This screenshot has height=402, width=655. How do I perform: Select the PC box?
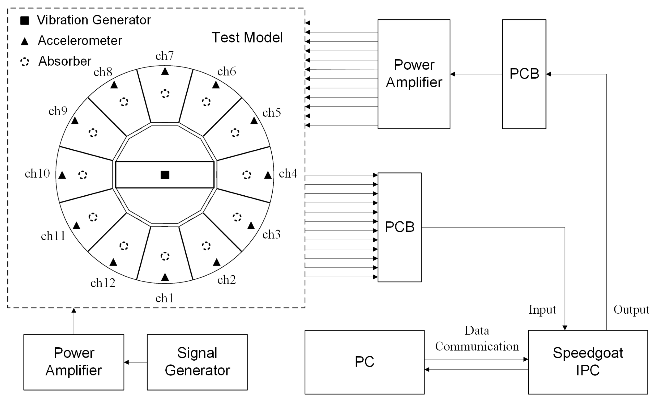click(x=364, y=362)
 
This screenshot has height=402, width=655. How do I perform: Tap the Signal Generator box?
click(x=197, y=362)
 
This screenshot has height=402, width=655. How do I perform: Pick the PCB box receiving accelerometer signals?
click(x=399, y=227)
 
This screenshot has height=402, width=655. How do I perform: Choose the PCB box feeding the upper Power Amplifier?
click(x=524, y=74)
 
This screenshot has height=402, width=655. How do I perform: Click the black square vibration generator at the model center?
click(x=165, y=175)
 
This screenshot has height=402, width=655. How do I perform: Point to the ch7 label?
click(x=165, y=56)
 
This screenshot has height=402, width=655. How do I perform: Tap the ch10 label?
click(x=37, y=173)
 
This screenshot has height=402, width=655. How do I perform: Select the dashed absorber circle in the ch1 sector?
click(x=165, y=256)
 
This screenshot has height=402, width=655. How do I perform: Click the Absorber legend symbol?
click(x=25, y=62)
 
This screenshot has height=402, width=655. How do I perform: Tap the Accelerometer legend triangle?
click(x=25, y=42)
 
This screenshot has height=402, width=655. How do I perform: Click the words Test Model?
click(x=247, y=38)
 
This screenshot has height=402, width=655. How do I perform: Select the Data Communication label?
click(x=477, y=338)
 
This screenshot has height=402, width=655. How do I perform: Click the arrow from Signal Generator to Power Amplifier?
click(x=136, y=362)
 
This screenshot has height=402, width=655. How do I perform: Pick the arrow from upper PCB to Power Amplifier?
click(x=476, y=74)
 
